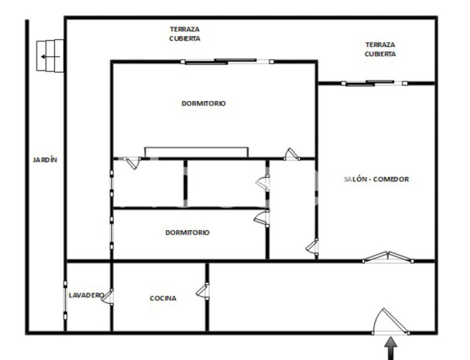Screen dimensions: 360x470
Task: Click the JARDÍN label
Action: pos(45,160)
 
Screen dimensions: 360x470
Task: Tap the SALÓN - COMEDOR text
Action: pos(377,179)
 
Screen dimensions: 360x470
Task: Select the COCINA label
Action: pos(163,298)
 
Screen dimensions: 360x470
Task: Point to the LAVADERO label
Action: pos(85,295)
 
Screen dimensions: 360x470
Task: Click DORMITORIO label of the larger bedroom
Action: pos(203,103)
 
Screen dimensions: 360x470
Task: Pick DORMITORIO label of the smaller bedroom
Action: pos(187,232)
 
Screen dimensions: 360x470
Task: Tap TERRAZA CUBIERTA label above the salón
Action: pos(380,49)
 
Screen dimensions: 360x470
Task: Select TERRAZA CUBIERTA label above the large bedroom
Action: pos(185,33)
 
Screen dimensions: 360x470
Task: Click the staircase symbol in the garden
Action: pos(51,56)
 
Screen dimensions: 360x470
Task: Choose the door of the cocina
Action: pos(204,291)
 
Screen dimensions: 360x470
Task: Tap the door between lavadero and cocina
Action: pos(110,297)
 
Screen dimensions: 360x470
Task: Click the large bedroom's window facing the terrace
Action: pos(227,61)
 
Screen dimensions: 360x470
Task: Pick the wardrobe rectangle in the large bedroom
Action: pos(197,152)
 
